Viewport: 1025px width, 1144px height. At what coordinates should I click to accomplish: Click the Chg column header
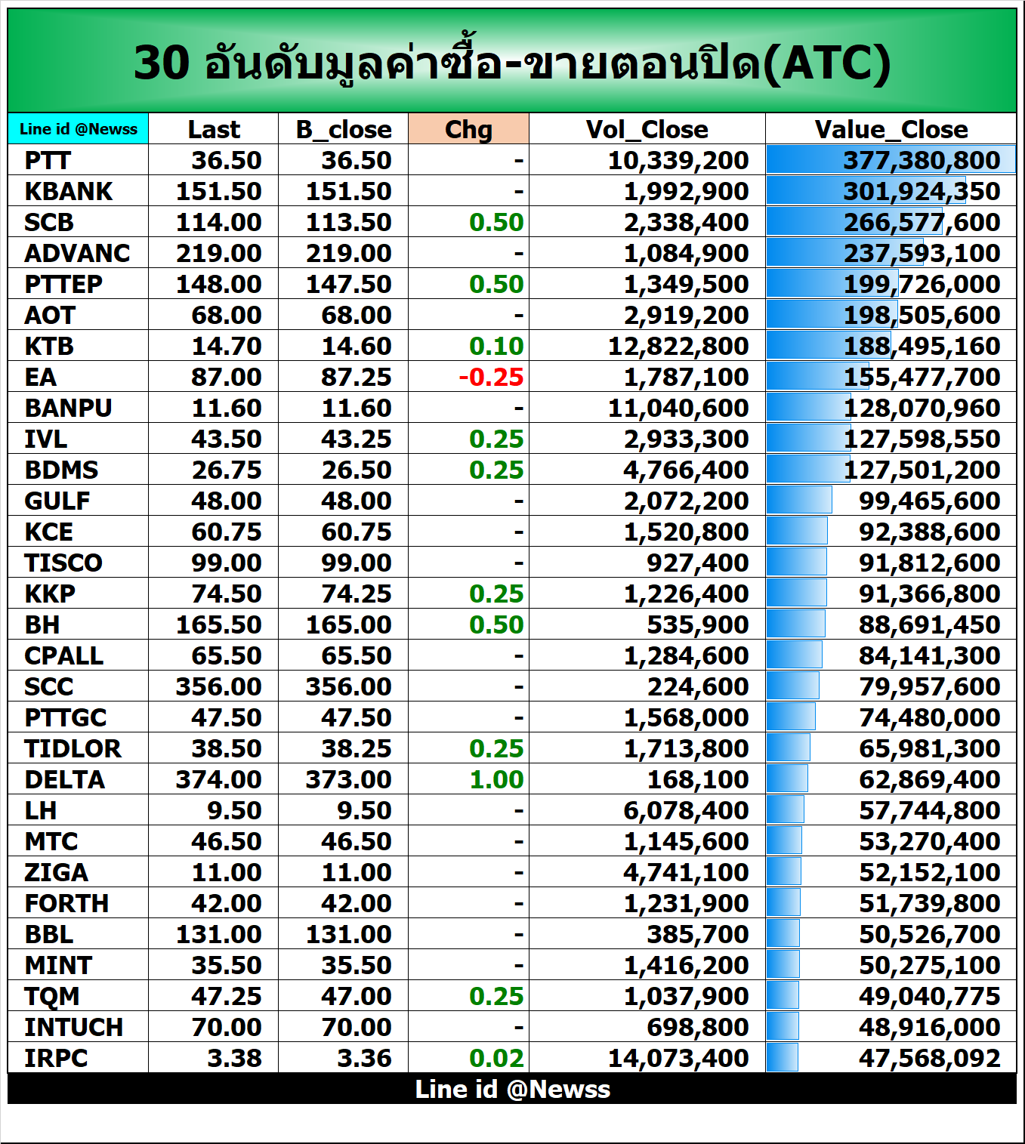468,129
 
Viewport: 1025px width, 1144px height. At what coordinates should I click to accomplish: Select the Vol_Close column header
647,129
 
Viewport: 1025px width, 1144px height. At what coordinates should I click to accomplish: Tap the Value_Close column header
891,129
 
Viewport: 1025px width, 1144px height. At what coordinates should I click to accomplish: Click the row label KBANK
69,191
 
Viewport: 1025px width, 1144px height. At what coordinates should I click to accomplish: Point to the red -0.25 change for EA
491,377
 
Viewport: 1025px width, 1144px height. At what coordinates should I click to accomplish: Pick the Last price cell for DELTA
218,779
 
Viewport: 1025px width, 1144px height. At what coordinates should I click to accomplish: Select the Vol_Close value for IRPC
678,1058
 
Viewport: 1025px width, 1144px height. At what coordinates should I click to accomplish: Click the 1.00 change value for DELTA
496,779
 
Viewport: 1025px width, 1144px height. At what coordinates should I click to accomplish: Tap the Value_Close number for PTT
922,160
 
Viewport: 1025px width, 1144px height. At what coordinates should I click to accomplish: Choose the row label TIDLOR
73,748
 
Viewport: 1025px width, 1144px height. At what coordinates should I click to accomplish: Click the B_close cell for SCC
348,686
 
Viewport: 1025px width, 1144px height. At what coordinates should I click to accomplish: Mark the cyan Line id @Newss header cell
79,129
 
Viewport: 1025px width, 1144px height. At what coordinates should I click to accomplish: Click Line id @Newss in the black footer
512,1089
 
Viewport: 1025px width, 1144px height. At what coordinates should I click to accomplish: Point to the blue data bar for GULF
799,500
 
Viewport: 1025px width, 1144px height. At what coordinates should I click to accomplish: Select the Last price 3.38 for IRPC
234,1058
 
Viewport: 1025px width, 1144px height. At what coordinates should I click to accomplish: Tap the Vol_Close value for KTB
678,346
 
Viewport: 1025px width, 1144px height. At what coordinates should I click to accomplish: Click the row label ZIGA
57,872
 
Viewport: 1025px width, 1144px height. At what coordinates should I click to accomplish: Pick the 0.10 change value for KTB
496,346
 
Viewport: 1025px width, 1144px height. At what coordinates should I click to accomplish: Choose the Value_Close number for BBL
929,934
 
